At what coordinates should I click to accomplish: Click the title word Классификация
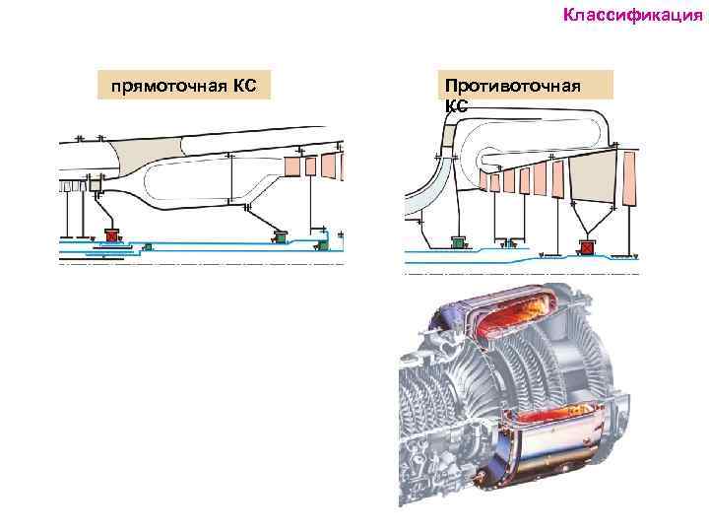click(x=632, y=15)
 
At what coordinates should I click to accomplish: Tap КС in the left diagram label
click(x=245, y=86)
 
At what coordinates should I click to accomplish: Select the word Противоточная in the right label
click(x=512, y=87)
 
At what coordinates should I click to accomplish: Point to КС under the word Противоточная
click(x=456, y=104)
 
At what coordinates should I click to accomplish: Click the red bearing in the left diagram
click(x=111, y=235)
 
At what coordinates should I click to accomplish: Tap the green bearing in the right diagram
click(x=458, y=241)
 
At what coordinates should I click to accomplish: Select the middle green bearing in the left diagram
click(x=281, y=236)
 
